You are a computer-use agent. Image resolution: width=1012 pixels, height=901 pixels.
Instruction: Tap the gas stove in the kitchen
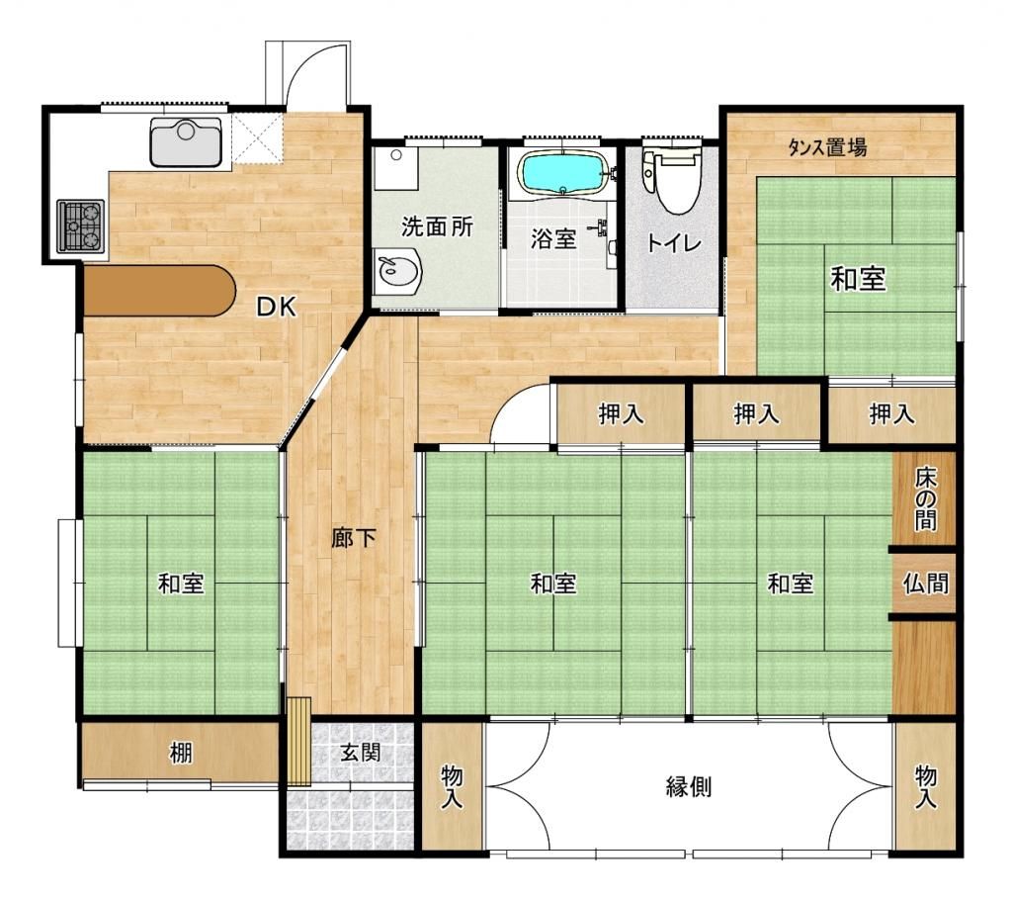tap(80, 225)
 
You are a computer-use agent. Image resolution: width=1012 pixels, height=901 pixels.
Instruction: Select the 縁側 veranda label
tap(689, 787)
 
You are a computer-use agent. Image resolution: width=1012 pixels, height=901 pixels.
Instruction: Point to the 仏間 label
tap(925, 583)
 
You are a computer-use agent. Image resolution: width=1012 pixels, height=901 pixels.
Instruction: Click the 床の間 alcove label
tap(924, 498)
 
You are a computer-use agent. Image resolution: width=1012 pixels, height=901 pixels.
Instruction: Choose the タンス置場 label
tap(828, 148)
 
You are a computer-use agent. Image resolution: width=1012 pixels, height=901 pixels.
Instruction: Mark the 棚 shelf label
tap(180, 754)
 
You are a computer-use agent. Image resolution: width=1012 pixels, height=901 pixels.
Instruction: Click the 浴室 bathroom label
tap(553, 239)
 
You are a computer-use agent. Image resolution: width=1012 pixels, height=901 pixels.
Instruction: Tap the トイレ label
tap(673, 243)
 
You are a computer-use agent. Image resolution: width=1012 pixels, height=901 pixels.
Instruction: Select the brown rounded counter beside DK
tap(158, 291)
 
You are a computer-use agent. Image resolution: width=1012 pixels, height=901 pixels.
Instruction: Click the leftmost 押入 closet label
tap(621, 414)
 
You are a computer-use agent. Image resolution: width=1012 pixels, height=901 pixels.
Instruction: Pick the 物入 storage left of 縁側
tap(452, 787)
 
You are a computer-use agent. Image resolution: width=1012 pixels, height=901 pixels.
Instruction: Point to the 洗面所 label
tap(437, 225)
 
